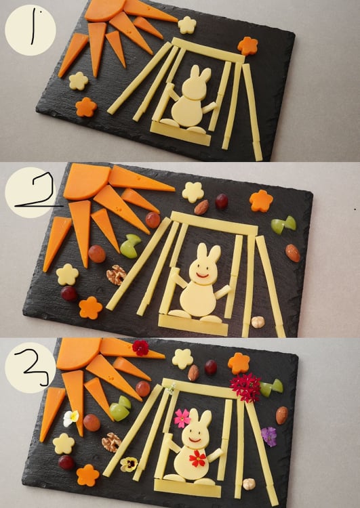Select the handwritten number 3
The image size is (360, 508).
[x=36, y=368]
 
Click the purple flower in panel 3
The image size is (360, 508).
[x=269, y=436]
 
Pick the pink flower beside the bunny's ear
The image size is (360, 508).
[x=182, y=418]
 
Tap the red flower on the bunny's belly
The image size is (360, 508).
[x=197, y=459]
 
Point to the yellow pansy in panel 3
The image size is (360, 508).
[x=129, y=464]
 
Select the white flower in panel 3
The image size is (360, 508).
[x=71, y=418]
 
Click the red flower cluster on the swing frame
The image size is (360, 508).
[x=246, y=387]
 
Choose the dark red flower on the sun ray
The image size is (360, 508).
[x=140, y=347]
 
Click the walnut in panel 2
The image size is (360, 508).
[x=116, y=275]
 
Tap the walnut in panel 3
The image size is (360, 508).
[x=111, y=442]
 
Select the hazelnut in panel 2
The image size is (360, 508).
[x=258, y=322]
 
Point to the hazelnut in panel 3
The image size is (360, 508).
[x=249, y=484]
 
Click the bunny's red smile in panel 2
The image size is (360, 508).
[x=203, y=276]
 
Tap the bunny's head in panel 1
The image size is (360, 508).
[x=195, y=83]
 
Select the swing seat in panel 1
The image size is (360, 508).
[x=180, y=133]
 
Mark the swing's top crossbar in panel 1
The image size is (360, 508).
[x=208, y=50]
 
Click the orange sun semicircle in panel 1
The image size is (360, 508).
[x=104, y=9]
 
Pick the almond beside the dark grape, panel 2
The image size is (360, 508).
[x=201, y=207]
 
